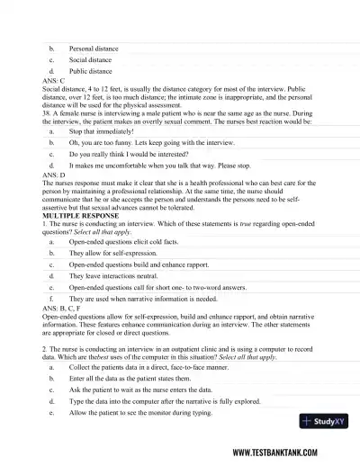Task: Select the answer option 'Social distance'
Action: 90,58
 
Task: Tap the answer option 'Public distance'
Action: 90,70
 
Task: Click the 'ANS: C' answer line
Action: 53,80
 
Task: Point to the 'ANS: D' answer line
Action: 53,175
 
